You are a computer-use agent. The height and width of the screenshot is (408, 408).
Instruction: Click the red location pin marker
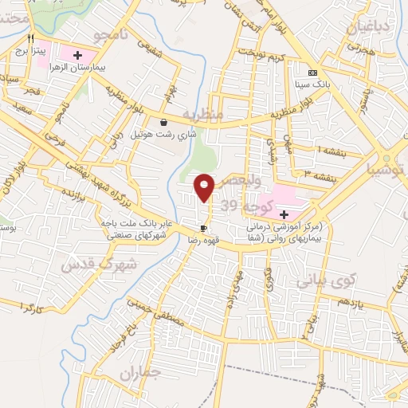click(x=205, y=187)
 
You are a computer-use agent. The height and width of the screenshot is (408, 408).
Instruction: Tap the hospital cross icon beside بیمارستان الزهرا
click(x=78, y=54)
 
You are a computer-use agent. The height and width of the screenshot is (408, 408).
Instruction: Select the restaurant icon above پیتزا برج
click(x=30, y=38)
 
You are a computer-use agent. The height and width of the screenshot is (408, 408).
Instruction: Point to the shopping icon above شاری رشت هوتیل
click(x=163, y=123)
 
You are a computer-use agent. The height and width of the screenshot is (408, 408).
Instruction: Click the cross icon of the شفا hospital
click(x=284, y=214)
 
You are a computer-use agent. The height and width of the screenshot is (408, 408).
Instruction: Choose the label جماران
click(x=139, y=372)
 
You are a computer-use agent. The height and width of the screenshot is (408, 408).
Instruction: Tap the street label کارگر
click(x=28, y=307)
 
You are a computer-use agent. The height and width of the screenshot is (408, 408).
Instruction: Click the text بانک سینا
click(x=312, y=83)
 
